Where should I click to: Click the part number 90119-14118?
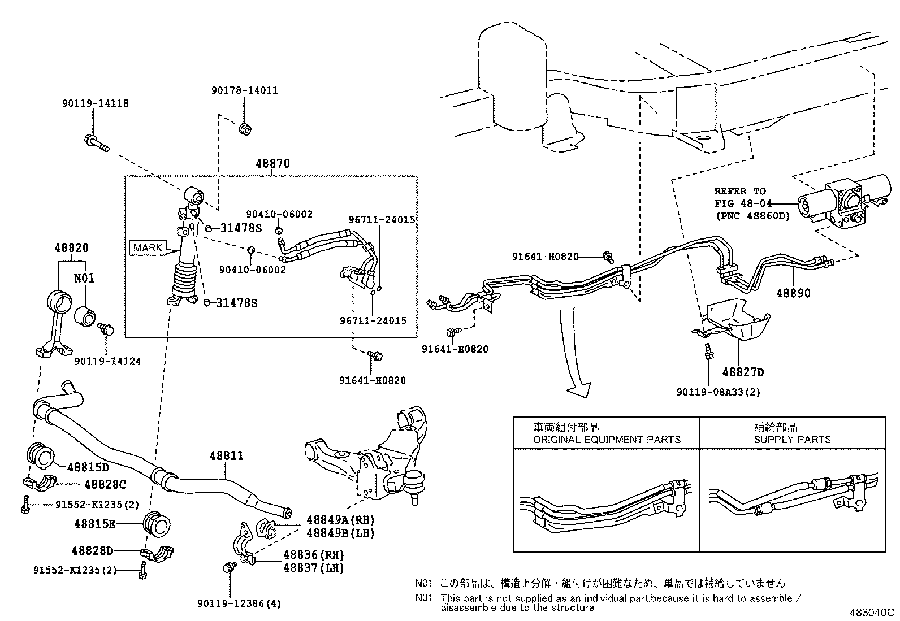[x=95, y=103]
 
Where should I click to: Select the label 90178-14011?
[x=245, y=90]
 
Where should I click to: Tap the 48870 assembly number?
[x=272, y=164]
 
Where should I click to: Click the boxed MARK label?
[x=148, y=247]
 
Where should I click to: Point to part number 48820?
[x=72, y=248]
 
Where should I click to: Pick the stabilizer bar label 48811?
[x=226, y=455]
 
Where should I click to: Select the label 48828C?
[x=105, y=484]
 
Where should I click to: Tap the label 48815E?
[x=94, y=524]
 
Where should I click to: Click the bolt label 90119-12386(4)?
[x=239, y=603]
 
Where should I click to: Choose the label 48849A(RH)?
[x=340, y=520]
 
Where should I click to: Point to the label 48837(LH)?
[x=313, y=568]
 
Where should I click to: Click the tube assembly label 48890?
[x=793, y=293]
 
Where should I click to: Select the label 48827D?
[x=743, y=372]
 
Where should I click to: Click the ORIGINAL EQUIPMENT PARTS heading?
[x=607, y=439]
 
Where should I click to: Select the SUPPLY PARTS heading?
[x=792, y=439]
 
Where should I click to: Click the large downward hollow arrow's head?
[x=578, y=389]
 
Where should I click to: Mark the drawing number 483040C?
[x=871, y=612]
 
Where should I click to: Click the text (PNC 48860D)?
[x=752, y=215]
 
